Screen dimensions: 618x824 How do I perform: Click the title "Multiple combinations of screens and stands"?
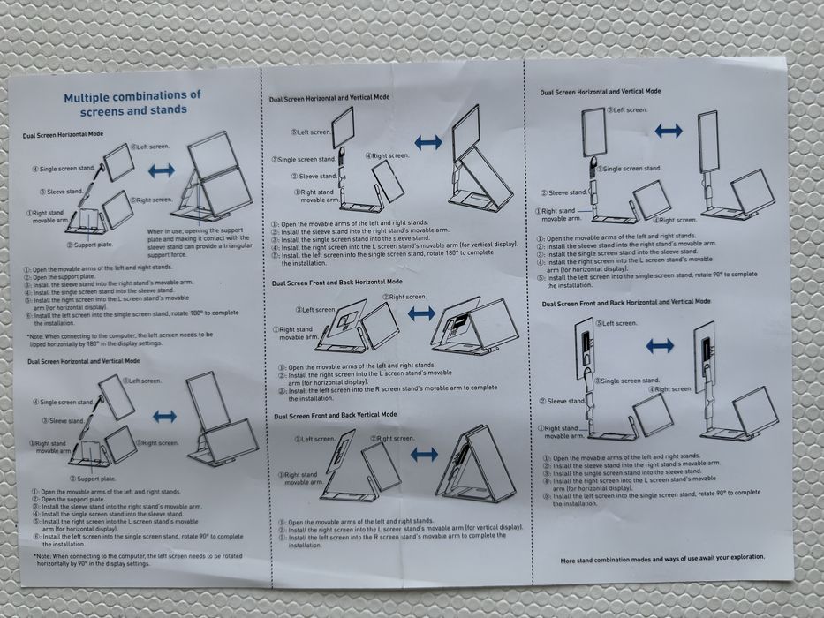pos(132,102)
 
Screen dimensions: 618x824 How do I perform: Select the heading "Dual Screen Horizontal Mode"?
pos(63,134)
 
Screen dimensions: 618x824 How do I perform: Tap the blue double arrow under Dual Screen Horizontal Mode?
pos(162,170)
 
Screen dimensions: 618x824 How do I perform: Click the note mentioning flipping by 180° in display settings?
pos(119,339)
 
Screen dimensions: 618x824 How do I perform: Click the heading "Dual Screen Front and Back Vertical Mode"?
pos(335,414)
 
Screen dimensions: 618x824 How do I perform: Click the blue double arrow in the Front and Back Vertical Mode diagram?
pos(425,454)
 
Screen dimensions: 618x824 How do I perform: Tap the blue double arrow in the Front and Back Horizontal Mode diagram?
pos(422,313)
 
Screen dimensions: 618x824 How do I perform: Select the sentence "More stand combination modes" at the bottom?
pos(662,558)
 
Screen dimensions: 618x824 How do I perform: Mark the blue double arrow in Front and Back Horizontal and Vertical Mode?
pos(660,346)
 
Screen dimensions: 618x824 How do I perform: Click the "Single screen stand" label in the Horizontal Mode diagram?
pos(64,168)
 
